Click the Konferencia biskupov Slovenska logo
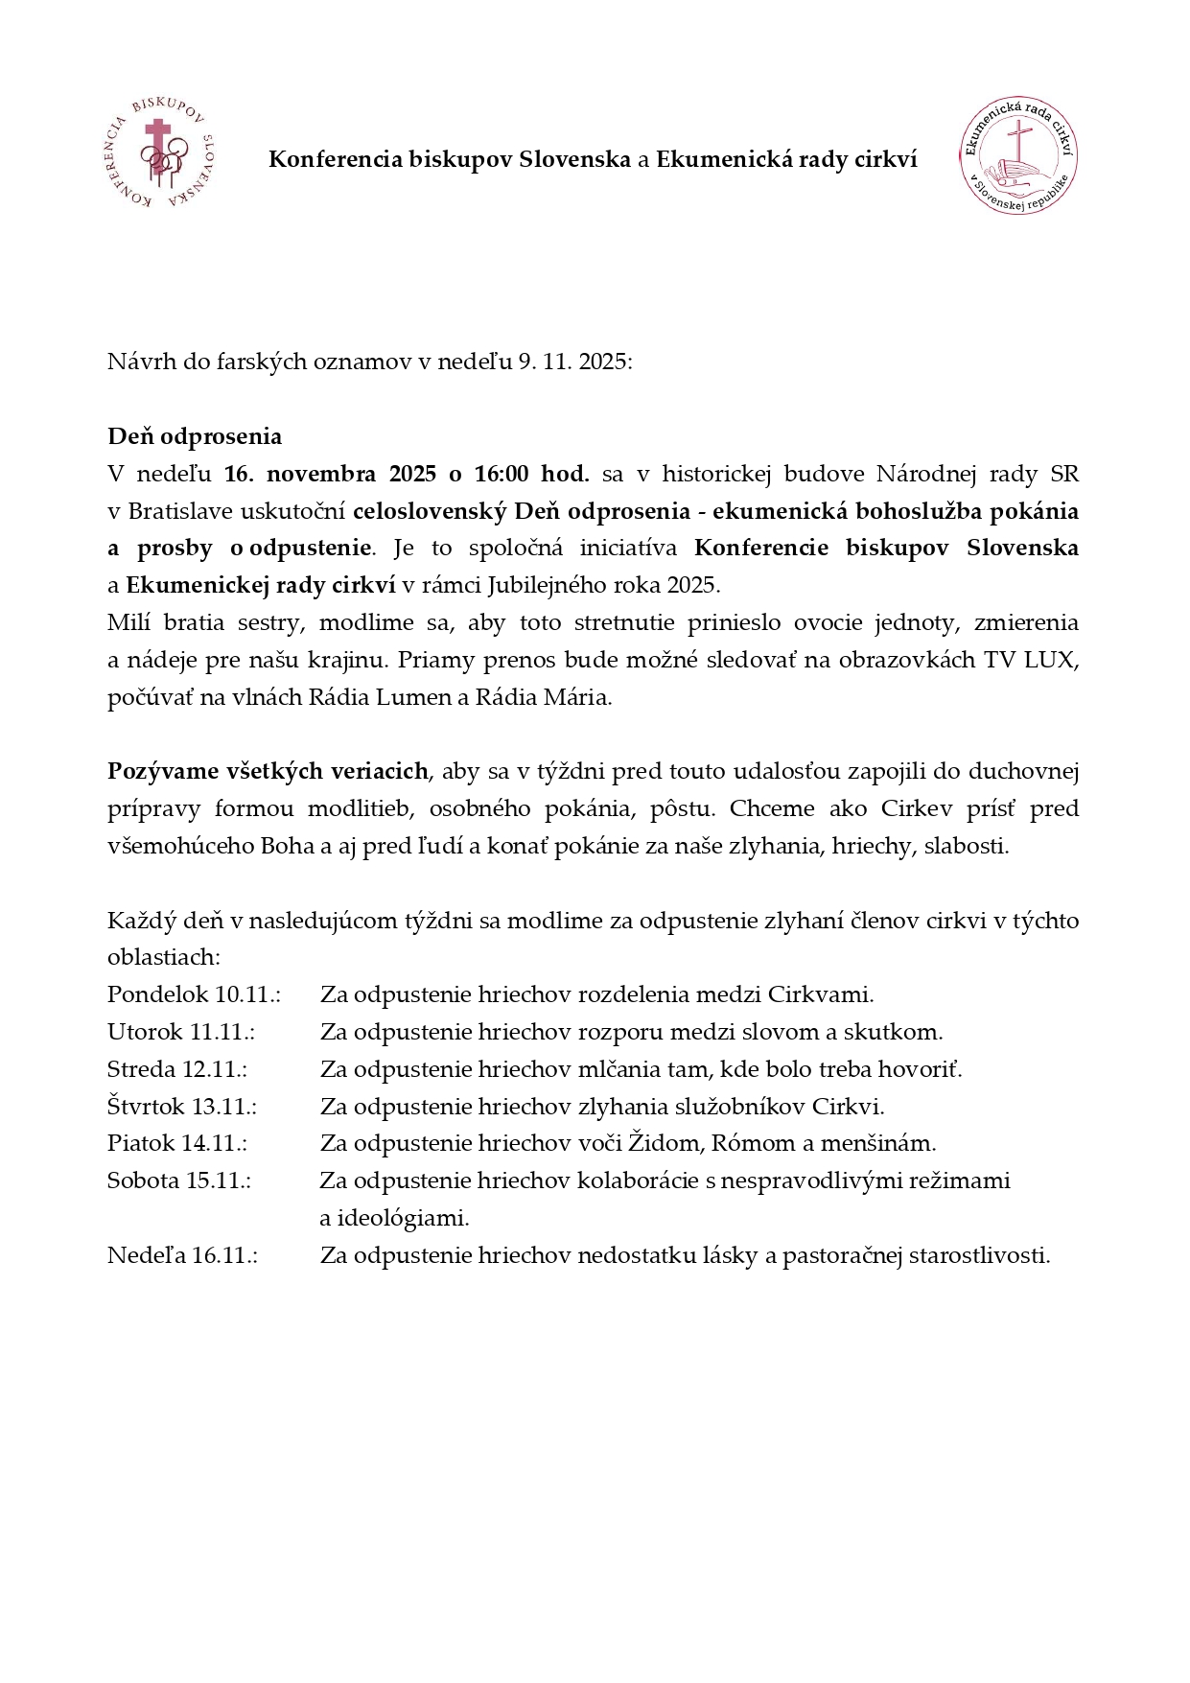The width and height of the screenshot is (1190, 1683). click(x=158, y=154)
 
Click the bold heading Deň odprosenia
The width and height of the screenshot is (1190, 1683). click(x=195, y=436)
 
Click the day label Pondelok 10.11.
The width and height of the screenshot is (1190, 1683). click(x=194, y=994)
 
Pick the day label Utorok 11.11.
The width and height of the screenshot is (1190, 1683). click(x=181, y=1032)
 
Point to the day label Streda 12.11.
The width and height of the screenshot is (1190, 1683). click(x=177, y=1069)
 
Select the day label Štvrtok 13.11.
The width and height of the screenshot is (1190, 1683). click(x=182, y=1107)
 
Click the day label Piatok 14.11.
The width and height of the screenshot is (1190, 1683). click(x=177, y=1143)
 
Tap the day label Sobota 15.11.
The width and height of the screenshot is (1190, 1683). click(x=179, y=1180)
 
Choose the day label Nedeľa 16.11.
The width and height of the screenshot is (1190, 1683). click(x=182, y=1255)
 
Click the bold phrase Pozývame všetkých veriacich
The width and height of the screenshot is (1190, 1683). click(x=268, y=772)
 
